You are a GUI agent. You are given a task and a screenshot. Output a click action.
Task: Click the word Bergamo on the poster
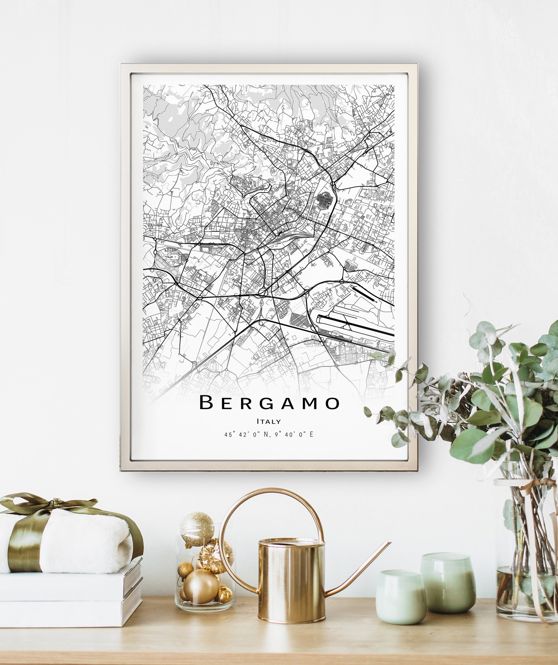tap(270, 403)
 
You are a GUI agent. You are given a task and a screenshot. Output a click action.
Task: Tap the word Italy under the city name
tap(269, 421)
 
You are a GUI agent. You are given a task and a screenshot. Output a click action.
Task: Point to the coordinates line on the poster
tap(269, 435)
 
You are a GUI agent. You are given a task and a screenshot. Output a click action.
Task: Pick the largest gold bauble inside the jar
tap(201, 586)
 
